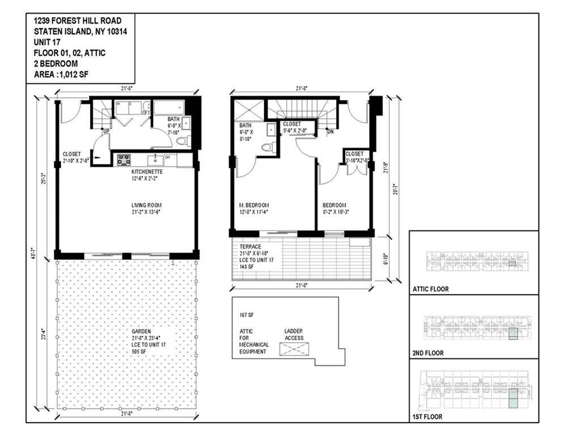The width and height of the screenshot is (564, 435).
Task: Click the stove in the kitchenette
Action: [124, 160]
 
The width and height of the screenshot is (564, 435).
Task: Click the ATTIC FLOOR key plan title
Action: [430, 289]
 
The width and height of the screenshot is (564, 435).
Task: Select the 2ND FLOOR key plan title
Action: [429, 353]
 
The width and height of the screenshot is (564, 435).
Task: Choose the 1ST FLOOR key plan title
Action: [428, 417]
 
